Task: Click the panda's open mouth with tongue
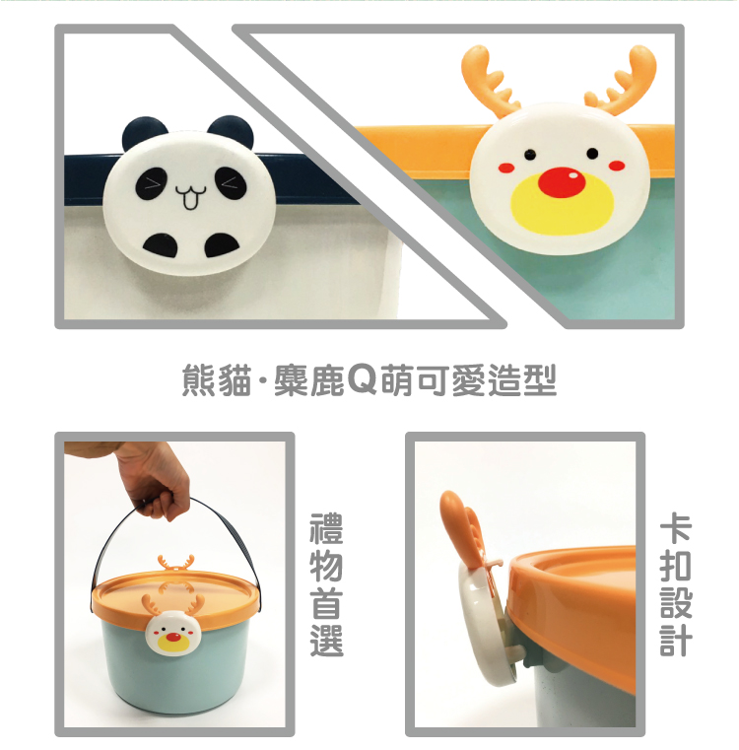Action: coord(190,197)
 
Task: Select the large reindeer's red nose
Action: coord(561,182)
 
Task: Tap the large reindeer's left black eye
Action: coord(529,155)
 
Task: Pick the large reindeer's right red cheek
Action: coord(617,166)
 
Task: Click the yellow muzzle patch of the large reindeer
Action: coord(562,206)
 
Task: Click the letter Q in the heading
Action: coord(362,379)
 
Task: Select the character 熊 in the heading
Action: coord(198,379)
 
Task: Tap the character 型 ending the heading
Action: coord(540,379)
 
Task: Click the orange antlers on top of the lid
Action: coord(175,563)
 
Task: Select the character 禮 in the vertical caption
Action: coord(327,529)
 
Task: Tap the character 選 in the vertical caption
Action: coord(327,641)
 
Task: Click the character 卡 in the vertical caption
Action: coord(676,529)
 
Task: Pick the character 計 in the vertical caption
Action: coord(676,641)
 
